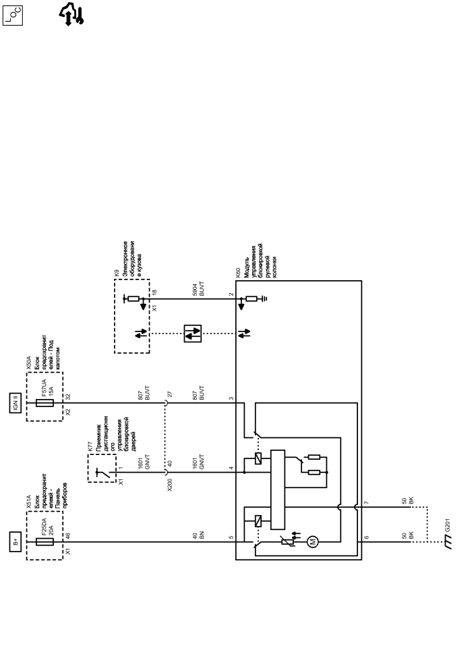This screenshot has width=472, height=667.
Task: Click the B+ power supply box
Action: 16,541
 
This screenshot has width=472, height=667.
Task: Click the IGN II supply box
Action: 16,403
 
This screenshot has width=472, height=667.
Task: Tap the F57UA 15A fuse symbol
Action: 44,403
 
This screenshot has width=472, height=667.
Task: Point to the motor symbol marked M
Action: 312,541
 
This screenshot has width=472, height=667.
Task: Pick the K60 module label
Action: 238,273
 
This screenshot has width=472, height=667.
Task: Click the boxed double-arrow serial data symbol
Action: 193,333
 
